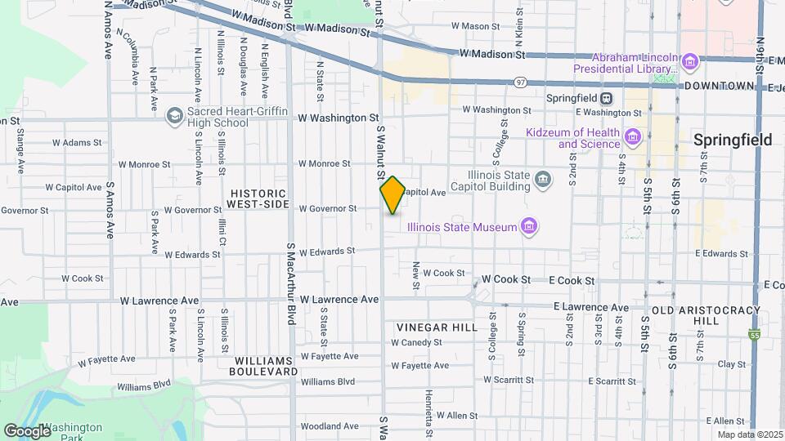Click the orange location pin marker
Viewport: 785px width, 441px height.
click(392, 194)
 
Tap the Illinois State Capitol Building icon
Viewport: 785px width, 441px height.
click(542, 179)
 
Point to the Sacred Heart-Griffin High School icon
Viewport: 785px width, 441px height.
click(173, 116)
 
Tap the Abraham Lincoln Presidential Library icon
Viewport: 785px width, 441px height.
click(689, 60)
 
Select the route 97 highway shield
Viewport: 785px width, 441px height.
click(520, 82)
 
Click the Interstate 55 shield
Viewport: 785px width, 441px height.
click(753, 335)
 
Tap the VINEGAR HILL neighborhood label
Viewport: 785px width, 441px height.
click(437, 327)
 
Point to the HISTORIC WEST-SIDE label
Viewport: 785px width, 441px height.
click(260, 198)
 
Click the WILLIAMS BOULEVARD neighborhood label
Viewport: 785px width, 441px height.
click(266, 365)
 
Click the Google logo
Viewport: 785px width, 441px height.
click(26, 430)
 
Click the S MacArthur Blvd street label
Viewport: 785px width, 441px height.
click(290, 283)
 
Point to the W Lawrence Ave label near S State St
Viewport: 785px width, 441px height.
click(339, 300)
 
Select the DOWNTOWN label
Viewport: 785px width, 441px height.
click(719, 86)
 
